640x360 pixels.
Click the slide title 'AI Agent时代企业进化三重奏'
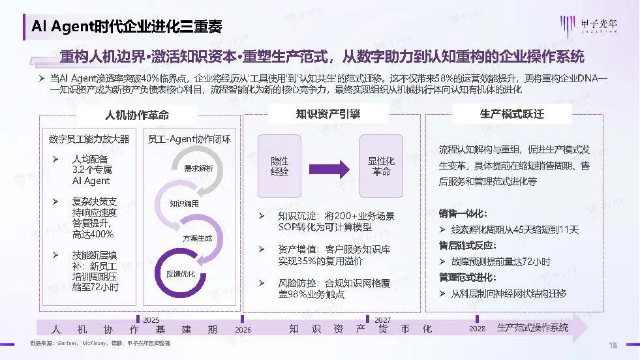[x=127, y=25]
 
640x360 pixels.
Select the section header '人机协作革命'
[x=137, y=114]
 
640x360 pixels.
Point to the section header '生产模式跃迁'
[x=512, y=113]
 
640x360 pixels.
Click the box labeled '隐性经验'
[x=279, y=166]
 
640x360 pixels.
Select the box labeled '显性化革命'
[x=382, y=166]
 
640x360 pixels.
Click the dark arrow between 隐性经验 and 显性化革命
[x=331, y=166]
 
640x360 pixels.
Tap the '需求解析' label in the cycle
[x=198, y=168]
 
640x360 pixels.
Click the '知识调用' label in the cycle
[x=184, y=203]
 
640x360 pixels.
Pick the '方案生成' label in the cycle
[x=197, y=238]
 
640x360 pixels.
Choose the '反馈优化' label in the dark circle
[x=181, y=273]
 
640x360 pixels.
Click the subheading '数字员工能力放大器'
[x=89, y=139]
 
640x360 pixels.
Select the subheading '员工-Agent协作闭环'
[x=189, y=139]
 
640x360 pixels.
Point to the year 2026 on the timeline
[x=243, y=329]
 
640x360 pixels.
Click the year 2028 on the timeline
[x=477, y=329]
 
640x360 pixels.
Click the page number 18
[x=613, y=345]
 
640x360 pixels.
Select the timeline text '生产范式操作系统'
[x=532, y=327]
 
